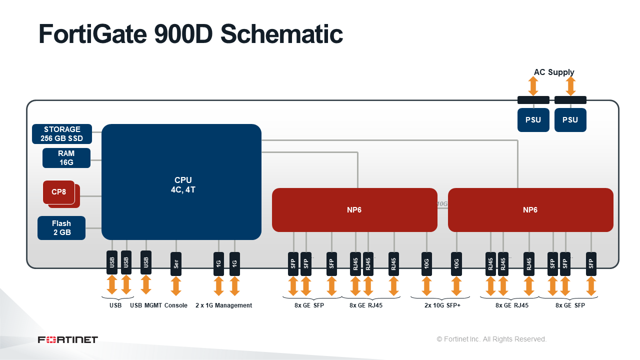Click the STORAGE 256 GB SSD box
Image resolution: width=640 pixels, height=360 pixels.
click(61, 133)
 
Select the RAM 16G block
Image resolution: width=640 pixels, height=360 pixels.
click(66, 157)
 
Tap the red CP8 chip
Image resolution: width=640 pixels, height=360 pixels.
click(59, 192)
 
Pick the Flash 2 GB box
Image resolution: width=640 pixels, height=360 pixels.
click(61, 227)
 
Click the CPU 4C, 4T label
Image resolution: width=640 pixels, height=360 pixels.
click(183, 185)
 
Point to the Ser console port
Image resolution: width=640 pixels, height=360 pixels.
click(176, 263)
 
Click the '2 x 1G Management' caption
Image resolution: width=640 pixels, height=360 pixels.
click(223, 305)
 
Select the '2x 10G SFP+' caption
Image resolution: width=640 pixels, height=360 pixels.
click(442, 305)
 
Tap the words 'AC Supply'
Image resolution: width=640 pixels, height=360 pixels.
click(554, 72)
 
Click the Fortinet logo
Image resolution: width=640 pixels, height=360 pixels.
click(68, 339)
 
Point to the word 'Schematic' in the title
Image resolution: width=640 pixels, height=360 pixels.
click(281, 34)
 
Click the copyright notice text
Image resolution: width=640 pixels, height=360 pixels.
click(491, 339)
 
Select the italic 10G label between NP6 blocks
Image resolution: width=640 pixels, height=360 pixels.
click(442, 203)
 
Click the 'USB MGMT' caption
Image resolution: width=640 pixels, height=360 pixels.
click(146, 305)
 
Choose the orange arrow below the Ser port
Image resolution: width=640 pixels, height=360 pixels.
click(176, 285)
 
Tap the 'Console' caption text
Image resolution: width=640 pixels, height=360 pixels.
click(176, 305)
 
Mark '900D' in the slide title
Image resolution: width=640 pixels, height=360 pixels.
click(183, 34)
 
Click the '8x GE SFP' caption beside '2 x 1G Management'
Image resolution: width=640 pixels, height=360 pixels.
click(309, 305)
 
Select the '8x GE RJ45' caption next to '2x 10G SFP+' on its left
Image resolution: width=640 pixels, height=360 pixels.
click(366, 305)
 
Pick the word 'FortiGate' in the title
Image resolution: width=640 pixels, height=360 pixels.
click(92, 34)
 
